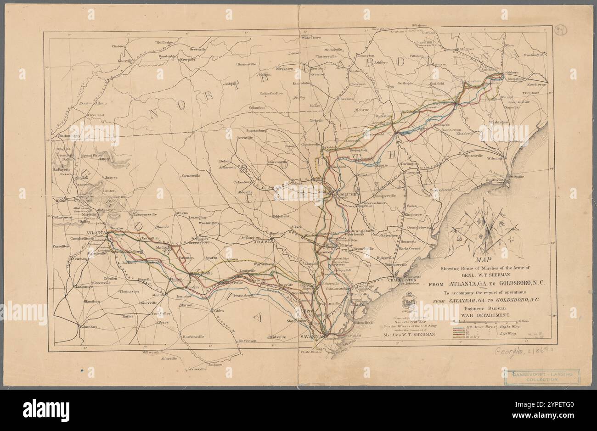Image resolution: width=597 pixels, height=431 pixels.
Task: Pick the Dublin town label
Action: (x=218, y=311)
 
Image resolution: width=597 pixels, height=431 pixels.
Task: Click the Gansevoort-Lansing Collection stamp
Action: (x=541, y=377)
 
